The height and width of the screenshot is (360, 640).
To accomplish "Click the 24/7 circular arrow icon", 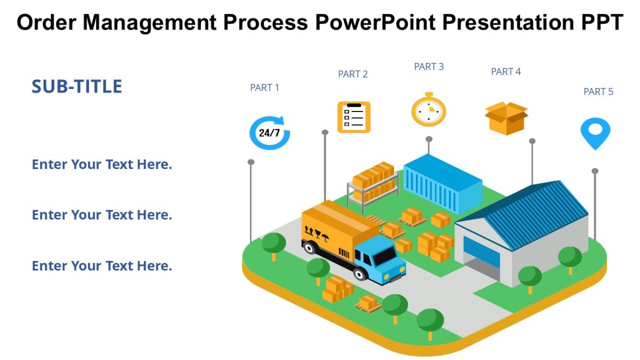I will [x=270, y=132].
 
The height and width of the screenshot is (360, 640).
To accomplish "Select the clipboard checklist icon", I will [x=354, y=117].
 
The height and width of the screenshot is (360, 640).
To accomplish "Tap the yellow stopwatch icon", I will [x=428, y=110].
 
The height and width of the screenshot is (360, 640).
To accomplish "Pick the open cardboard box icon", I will [x=506, y=118].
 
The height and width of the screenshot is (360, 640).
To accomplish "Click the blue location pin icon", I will [x=595, y=132].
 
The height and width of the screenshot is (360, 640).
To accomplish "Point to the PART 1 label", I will [x=265, y=87].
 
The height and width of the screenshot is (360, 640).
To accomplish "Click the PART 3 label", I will [x=429, y=67].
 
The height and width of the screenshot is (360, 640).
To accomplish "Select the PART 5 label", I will [x=598, y=92].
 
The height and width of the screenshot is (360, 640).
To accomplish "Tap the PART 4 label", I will [x=506, y=71].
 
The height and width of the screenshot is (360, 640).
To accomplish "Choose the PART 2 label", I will [x=353, y=74].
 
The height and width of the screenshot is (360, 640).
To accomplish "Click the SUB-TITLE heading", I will [x=77, y=86].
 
